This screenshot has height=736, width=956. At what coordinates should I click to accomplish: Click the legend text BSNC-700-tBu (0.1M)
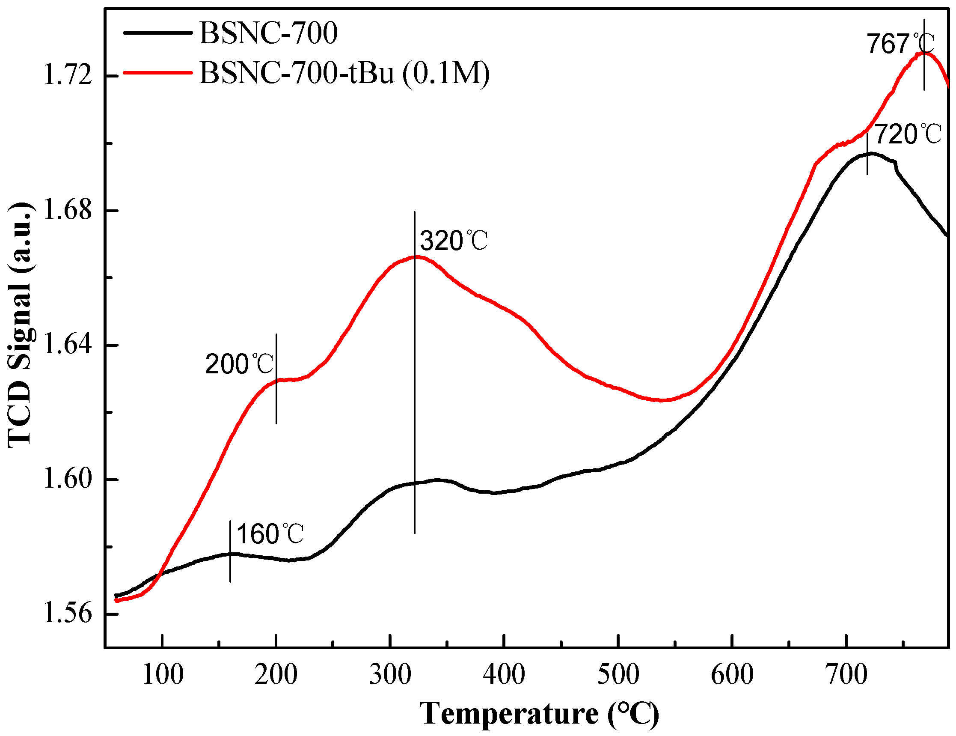344,73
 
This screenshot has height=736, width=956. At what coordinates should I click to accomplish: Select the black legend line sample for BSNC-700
157,33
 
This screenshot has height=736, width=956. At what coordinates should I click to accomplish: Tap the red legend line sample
157,72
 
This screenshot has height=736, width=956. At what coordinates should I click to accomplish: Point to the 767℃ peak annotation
900,44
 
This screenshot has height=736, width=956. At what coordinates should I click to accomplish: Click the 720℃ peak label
908,134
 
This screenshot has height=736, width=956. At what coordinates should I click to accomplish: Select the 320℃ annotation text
454,241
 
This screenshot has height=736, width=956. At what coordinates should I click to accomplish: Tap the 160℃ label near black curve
270,534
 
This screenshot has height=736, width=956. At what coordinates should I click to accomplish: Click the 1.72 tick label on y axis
68,76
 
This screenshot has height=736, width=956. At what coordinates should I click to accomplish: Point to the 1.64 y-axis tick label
68,345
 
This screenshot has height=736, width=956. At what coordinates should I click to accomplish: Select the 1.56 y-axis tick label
68,614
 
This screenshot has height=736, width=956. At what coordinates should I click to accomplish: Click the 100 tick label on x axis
162,675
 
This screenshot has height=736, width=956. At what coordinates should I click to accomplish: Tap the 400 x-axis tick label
504,675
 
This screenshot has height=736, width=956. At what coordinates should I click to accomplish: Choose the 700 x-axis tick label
846,675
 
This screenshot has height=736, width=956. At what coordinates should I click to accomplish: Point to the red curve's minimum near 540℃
663,400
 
